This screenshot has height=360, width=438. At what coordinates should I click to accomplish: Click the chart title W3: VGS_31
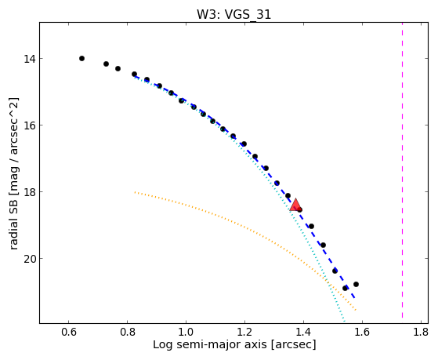(233, 14)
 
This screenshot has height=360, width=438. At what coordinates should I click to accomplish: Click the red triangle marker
(295, 205)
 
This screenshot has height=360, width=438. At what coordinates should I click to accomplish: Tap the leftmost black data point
(81, 59)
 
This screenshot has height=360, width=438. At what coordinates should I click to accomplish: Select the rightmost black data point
(356, 284)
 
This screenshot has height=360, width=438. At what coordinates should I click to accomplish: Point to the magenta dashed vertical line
(402, 170)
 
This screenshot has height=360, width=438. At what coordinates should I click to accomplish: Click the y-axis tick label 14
(29, 59)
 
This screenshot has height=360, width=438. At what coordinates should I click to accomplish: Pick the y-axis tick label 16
(29, 125)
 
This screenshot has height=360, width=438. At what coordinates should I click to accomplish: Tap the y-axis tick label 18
(29, 192)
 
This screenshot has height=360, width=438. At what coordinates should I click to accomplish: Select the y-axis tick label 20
(29, 259)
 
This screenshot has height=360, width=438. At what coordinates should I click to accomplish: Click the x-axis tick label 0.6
(68, 333)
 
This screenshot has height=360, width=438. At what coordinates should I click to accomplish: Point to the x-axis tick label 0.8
(128, 333)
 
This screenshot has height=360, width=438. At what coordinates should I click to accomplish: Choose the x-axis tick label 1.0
(186, 333)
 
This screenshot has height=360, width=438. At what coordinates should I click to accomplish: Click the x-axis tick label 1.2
(244, 333)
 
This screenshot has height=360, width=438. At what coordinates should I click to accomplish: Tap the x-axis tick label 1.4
(304, 333)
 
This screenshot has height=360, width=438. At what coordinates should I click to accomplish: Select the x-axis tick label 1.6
(362, 333)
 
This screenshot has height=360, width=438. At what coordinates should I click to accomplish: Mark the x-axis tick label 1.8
(421, 333)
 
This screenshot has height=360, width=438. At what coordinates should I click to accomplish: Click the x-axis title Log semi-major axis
(210, 345)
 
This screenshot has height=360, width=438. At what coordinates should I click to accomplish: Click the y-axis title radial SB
(14, 223)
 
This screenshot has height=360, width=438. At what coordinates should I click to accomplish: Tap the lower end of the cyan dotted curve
(345, 322)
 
